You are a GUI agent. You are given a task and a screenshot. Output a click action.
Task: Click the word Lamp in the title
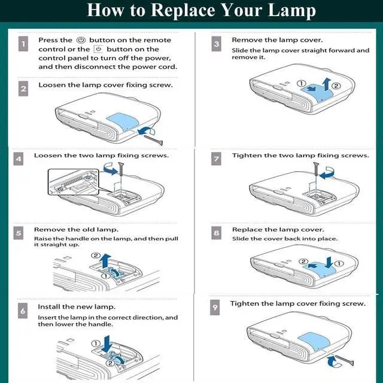(291, 11)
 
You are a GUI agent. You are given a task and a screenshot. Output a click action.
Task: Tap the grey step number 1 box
(23, 44)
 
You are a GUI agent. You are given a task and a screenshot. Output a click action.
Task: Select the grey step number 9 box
(215, 308)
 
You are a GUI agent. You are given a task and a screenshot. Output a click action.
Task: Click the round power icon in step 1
(81, 40)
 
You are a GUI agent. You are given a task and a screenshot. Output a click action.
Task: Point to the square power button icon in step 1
(98, 49)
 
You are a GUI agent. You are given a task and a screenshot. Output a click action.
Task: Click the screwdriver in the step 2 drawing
(153, 139)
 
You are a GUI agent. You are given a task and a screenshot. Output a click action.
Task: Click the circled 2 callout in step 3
(336, 86)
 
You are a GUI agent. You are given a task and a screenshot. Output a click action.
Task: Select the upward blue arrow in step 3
(326, 84)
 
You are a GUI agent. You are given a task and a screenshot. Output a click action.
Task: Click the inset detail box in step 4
(74, 182)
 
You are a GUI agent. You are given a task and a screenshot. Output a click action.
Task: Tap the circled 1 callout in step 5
(106, 276)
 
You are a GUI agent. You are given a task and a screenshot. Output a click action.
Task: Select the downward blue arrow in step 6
(107, 344)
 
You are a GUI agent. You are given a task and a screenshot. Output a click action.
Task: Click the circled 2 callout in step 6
(110, 363)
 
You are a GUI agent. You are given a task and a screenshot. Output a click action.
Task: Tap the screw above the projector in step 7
(316, 169)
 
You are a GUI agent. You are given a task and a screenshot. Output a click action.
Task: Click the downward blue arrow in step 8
(329, 262)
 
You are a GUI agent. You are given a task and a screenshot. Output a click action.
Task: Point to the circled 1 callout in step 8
(339, 264)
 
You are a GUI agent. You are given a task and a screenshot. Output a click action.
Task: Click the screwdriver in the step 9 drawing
(345, 360)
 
